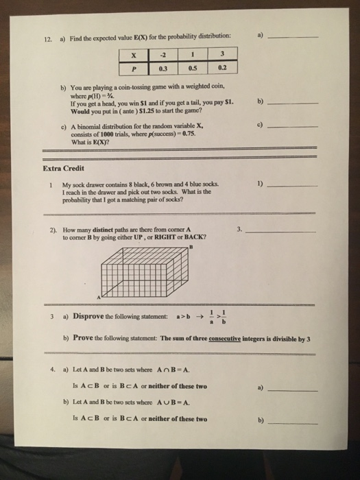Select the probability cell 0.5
click(x=195, y=68)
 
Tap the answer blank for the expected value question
click(x=294, y=36)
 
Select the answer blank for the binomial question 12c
click(x=294, y=128)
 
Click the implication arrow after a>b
click(x=197, y=317)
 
